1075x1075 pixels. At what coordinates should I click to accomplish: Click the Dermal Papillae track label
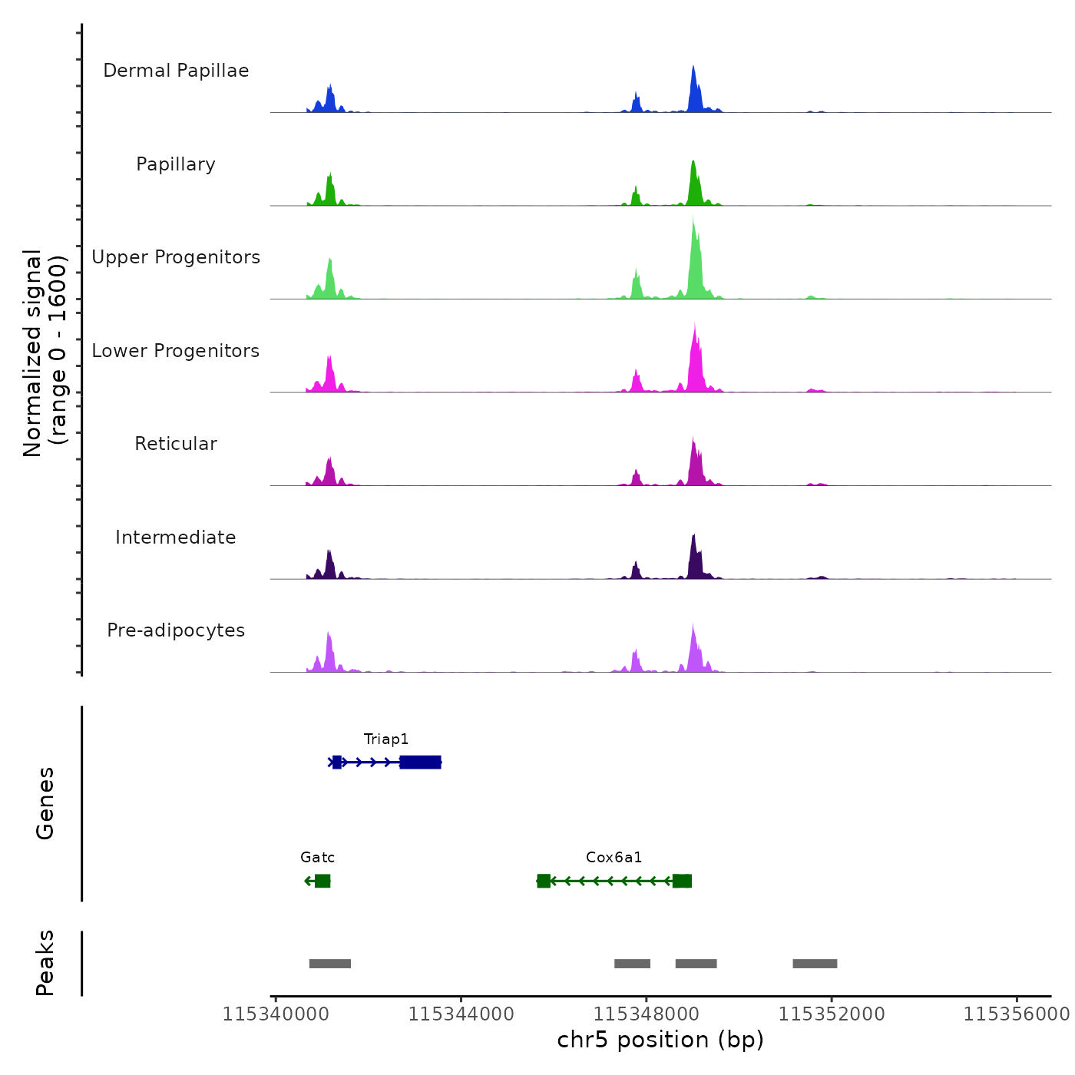click(176, 71)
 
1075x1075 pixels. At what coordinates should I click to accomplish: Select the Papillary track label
click(176, 164)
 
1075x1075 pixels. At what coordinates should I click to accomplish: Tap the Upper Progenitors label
click(176, 257)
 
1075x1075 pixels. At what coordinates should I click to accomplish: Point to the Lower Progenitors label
click(176, 351)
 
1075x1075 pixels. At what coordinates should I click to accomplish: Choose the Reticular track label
click(176, 444)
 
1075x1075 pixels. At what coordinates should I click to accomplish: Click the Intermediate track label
click(176, 537)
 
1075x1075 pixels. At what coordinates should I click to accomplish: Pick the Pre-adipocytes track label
click(176, 630)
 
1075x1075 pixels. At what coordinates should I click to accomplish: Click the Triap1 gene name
click(386, 739)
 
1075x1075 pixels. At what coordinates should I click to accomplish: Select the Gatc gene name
click(317, 858)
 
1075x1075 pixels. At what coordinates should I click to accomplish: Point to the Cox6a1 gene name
click(614, 858)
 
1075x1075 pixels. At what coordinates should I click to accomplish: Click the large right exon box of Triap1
click(420, 762)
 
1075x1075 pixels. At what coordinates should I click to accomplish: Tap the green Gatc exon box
click(322, 881)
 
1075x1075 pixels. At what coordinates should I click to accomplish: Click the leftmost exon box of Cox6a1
click(544, 881)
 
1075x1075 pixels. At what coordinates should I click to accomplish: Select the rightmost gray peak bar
click(815, 964)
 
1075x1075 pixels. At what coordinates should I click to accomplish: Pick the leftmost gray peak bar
click(330, 964)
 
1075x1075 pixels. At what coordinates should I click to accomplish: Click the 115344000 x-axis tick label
click(461, 1014)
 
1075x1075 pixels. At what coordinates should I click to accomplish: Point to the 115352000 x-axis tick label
click(832, 1014)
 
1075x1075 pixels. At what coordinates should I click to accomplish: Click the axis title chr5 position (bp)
click(660, 1040)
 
